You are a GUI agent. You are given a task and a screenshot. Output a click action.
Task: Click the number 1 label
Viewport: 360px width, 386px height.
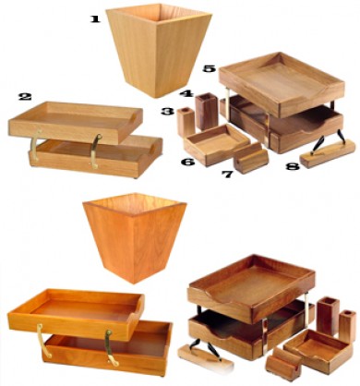[95, 19]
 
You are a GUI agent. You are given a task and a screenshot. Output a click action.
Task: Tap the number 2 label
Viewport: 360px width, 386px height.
[25, 97]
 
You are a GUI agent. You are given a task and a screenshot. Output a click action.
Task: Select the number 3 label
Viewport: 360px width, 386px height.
[167, 111]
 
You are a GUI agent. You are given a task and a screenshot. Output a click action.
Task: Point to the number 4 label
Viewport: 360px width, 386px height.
[186, 93]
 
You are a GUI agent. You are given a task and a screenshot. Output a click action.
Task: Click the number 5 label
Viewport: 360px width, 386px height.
[210, 68]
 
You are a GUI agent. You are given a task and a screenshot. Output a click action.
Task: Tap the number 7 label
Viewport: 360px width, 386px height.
[227, 175]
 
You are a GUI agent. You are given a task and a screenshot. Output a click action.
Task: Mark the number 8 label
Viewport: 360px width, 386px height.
[293, 166]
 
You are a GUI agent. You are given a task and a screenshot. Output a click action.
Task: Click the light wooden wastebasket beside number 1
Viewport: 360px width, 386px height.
[158, 51]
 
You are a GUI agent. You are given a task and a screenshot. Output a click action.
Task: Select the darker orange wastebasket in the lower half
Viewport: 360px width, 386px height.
[135, 237]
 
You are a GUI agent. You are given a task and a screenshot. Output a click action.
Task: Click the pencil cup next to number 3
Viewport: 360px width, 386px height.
[186, 122]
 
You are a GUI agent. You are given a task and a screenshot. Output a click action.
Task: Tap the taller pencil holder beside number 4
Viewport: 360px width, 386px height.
[207, 112]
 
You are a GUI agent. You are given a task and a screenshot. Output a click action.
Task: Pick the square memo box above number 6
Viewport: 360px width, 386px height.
[217, 144]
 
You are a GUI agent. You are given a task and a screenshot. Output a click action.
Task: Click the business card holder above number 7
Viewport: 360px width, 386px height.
[251, 159]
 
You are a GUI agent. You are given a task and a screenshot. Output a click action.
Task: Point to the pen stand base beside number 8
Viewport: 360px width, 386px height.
[327, 154]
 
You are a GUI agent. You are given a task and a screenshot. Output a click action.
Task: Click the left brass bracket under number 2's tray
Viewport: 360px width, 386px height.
[35, 145]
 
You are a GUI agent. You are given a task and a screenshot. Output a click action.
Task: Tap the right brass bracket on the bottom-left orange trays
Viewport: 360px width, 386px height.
[112, 348]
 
